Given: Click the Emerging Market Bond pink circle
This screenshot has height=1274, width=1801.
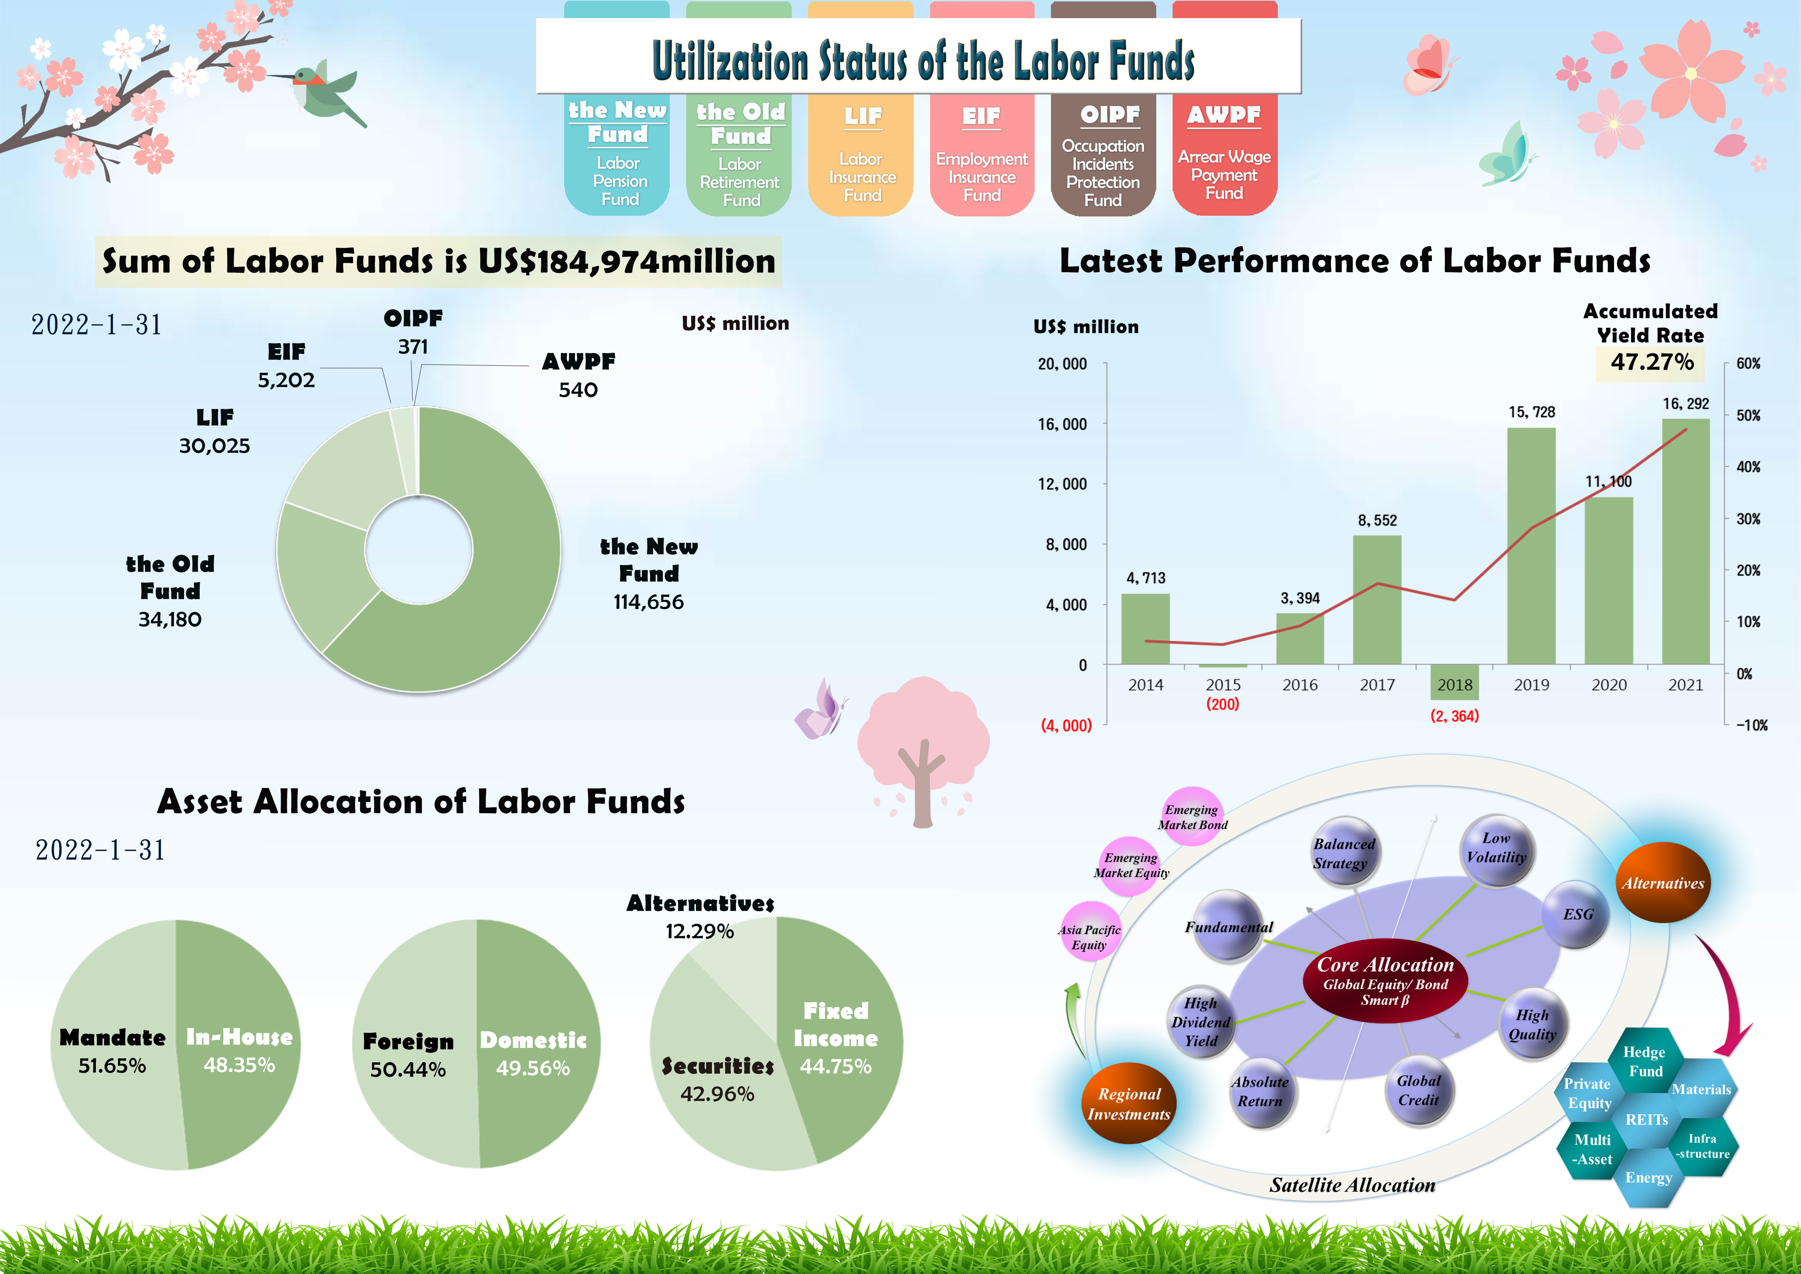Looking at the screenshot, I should coord(1191,817).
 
